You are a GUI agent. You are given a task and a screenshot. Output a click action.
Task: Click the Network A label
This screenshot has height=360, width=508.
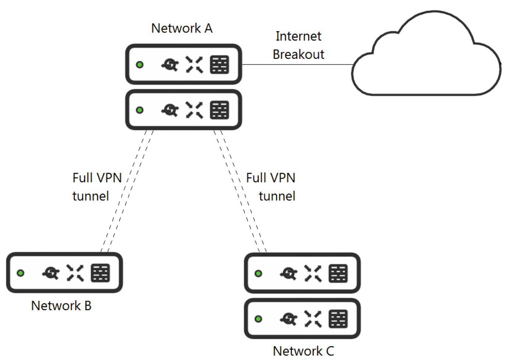coord(182,28)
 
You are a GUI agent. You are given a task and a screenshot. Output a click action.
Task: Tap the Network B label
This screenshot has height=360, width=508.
coord(61,306)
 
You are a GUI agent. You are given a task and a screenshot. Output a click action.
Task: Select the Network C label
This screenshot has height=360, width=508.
coord(303,351)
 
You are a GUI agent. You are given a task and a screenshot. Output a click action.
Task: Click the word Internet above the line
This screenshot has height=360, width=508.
coord(298,36)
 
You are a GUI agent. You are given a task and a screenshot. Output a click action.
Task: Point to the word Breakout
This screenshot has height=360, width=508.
coord(298,54)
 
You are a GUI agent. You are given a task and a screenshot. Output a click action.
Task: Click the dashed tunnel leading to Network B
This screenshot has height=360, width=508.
coord(127,191)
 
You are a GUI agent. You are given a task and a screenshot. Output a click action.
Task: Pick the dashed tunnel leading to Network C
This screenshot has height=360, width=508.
coord(240,191)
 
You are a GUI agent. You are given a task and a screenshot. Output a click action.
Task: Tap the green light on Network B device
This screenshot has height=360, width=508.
coord(21,273)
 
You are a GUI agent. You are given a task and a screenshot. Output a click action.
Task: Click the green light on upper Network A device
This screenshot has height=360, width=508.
coord(140,64)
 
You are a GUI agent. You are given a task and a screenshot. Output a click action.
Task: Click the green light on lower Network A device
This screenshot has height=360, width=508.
coord(140,110)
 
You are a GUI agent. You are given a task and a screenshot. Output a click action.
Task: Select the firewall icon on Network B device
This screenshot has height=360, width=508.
coord(100,273)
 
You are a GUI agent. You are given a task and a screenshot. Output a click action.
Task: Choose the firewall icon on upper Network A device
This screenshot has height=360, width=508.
coord(220,64)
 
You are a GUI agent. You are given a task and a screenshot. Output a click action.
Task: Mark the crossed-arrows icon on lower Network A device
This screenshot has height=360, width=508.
coord(195,110)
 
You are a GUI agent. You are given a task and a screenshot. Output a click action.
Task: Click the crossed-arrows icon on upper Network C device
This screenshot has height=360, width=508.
coord(313,273)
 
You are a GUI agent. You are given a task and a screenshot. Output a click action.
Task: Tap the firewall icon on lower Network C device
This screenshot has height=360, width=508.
coord(338,319)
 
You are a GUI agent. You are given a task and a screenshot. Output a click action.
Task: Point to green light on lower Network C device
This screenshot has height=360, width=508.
coord(258,319)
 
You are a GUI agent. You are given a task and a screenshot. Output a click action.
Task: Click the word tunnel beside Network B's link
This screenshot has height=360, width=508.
coord(91,196)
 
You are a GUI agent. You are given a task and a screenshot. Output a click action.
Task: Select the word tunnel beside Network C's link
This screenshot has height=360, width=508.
coord(277,196)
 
